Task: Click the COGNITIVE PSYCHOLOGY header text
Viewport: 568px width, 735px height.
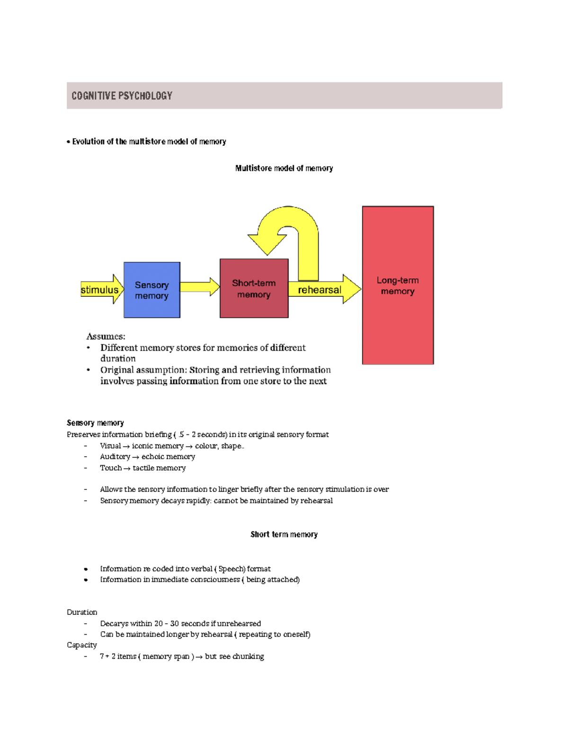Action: point(122,96)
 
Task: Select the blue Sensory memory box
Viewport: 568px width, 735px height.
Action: point(151,290)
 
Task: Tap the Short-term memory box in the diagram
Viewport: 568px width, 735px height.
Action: point(254,288)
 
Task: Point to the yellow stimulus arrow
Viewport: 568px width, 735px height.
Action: point(100,289)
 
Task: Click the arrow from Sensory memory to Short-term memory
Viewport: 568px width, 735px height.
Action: point(199,287)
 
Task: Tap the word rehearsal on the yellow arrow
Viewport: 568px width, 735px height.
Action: point(319,290)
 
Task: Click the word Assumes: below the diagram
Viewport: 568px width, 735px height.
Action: point(106,337)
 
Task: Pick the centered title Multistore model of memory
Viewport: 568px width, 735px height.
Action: point(284,168)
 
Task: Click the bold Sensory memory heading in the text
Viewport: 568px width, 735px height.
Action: point(95,423)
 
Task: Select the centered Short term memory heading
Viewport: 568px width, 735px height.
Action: point(284,534)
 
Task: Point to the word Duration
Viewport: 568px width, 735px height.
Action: point(82,612)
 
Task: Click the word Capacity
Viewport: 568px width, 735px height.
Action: point(81,645)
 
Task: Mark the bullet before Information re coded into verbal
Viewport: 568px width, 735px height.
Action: point(86,569)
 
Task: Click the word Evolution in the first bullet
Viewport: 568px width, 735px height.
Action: point(88,142)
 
